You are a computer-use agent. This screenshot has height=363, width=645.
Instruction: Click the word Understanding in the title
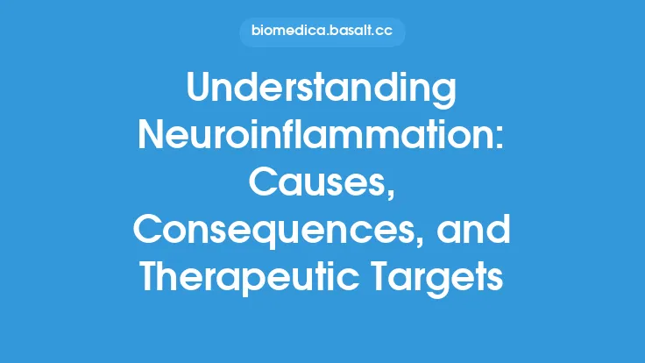pyautogui.click(x=322, y=89)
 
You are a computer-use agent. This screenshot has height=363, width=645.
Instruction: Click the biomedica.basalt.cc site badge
pyautogui.click(x=322, y=32)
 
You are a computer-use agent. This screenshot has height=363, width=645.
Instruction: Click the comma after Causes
pyautogui.click(x=390, y=195)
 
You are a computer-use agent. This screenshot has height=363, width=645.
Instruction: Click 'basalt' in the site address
pyautogui.click(x=349, y=32)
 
